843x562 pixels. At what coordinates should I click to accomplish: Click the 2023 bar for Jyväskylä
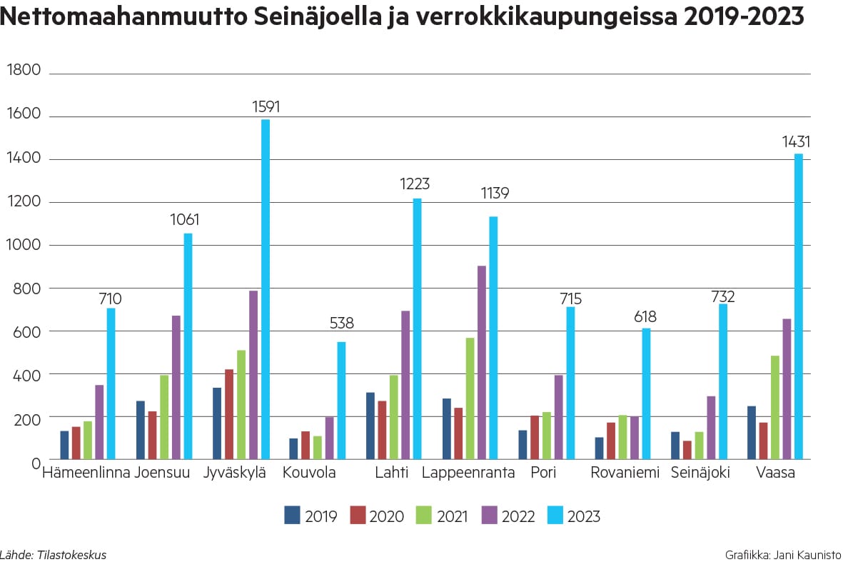(x=266, y=289)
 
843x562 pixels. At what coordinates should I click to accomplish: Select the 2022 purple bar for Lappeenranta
(x=482, y=362)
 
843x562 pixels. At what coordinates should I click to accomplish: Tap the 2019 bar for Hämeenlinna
(x=64, y=445)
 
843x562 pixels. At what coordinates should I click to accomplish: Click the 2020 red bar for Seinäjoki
(x=687, y=450)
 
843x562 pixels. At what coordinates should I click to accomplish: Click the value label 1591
(x=266, y=107)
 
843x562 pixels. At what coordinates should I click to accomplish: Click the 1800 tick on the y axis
(x=24, y=70)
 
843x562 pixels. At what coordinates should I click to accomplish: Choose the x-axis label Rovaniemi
(x=625, y=473)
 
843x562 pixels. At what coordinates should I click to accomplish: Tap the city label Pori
(x=543, y=473)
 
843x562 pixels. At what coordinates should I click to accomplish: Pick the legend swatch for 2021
(x=423, y=515)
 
